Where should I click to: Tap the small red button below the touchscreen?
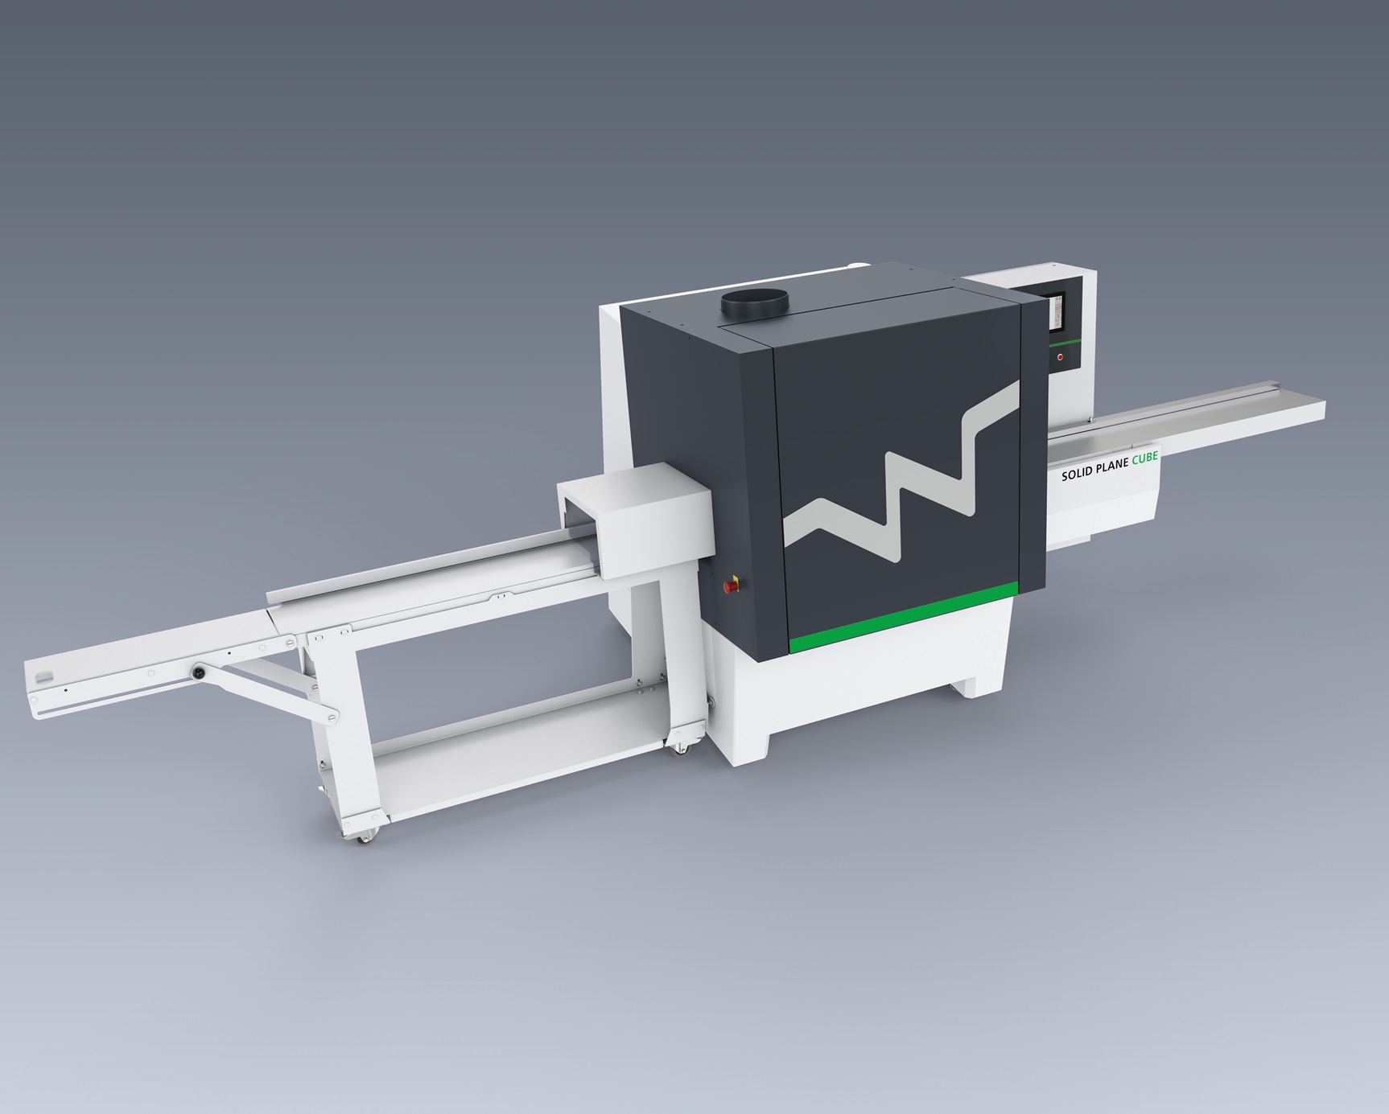pyautogui.click(x=1060, y=356)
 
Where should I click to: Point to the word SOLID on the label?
pyautogui.click(x=1077, y=475)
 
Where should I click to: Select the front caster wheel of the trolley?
pyautogui.click(x=362, y=835)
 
